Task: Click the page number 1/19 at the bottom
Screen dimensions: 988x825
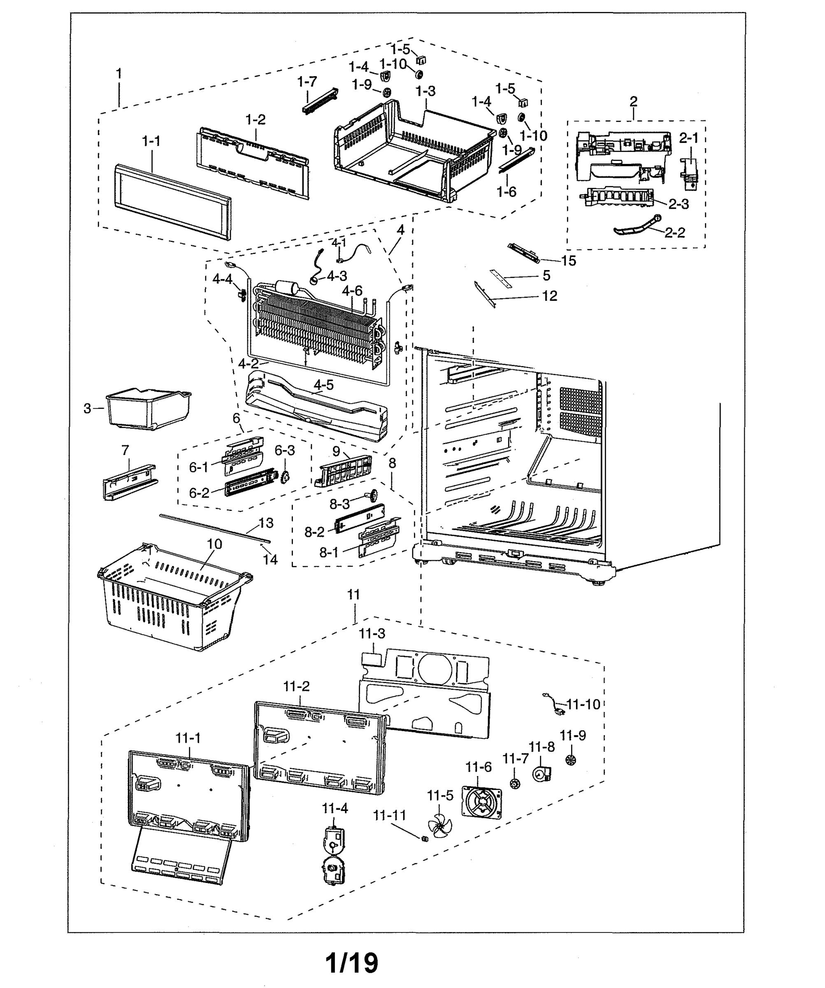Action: click(x=352, y=962)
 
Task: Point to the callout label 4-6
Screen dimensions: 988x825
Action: click(x=352, y=291)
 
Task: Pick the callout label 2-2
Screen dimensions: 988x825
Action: click(x=674, y=233)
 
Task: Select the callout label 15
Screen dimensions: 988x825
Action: click(x=568, y=261)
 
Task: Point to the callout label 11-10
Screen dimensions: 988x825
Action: click(x=583, y=704)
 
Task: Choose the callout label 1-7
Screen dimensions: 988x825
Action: click(x=307, y=82)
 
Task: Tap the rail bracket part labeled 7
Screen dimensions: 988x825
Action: click(x=129, y=482)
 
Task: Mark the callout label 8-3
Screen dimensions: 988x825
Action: click(x=339, y=504)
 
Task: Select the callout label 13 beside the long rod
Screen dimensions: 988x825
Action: click(x=266, y=523)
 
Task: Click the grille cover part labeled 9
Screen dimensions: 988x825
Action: click(x=345, y=471)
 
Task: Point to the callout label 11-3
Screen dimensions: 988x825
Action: click(x=372, y=634)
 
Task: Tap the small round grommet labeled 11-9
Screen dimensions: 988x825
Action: click(x=571, y=760)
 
